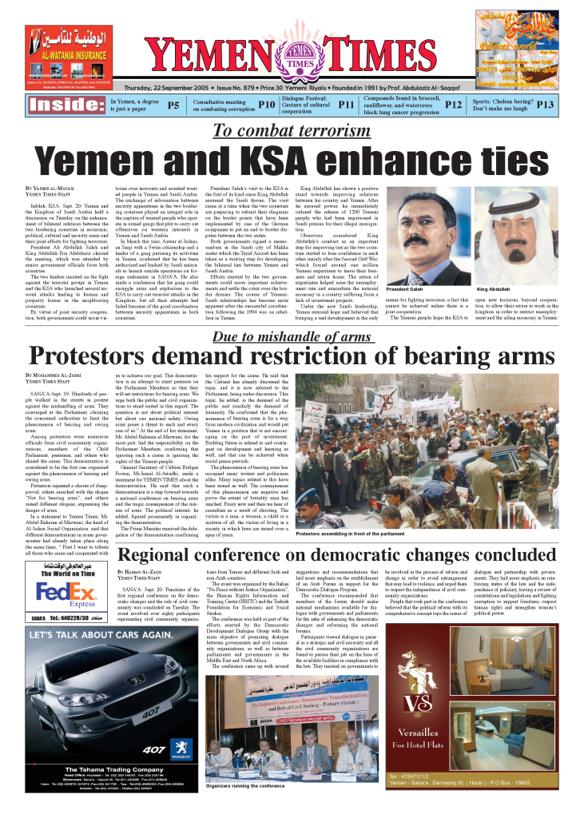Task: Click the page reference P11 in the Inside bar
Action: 346,105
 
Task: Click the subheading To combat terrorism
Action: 290,131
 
